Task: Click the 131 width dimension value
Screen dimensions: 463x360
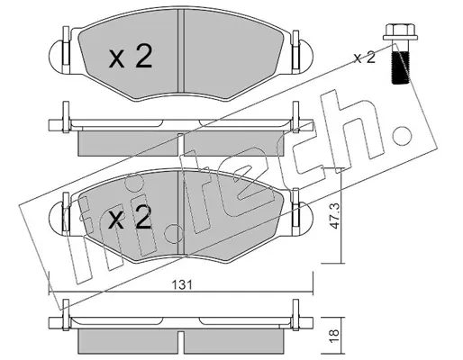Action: pyautogui.click(x=182, y=284)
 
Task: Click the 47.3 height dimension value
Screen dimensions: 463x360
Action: pyautogui.click(x=335, y=216)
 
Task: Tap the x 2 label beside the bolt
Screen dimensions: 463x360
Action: pyautogui.click(x=364, y=58)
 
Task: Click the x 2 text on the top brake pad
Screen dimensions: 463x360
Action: pyautogui.click(x=131, y=56)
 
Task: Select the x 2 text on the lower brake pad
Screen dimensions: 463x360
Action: pyautogui.click(x=130, y=218)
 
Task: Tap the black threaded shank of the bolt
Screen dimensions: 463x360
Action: pyautogui.click(x=401, y=67)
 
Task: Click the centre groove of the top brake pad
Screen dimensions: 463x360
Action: pyautogui.click(x=181, y=50)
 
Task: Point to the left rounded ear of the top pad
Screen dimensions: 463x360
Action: pyautogui.click(x=56, y=56)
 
